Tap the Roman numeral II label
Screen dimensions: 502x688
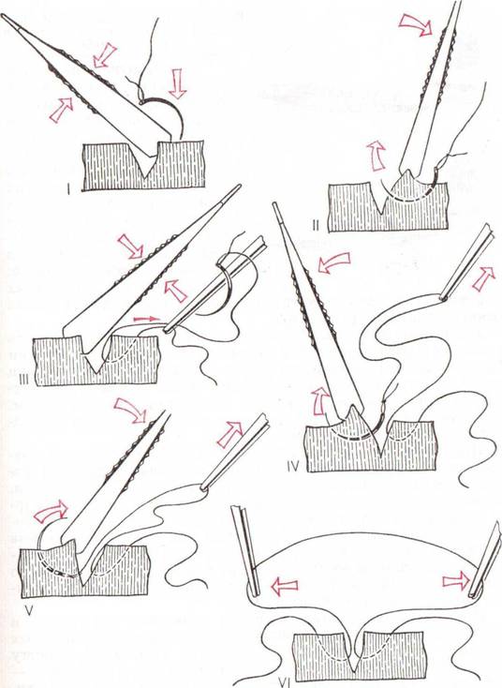[x=316, y=226]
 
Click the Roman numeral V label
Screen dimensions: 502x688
[x=29, y=610]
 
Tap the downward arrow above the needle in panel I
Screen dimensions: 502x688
[x=177, y=83]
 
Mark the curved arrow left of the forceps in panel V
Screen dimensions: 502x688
[x=51, y=512]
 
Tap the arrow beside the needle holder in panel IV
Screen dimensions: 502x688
[x=484, y=278]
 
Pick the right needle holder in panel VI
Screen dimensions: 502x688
[x=485, y=561]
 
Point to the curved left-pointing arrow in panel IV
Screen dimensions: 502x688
[x=333, y=262]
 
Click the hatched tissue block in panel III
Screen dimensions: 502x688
[x=96, y=361]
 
